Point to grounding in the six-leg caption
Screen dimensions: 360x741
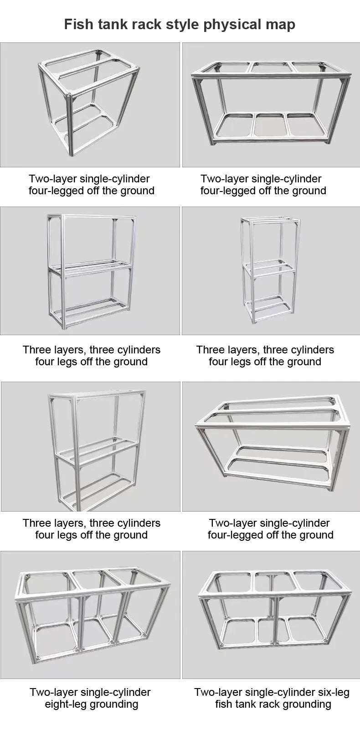305,704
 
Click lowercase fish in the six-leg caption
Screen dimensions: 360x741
224,704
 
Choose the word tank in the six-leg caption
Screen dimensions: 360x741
246,704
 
